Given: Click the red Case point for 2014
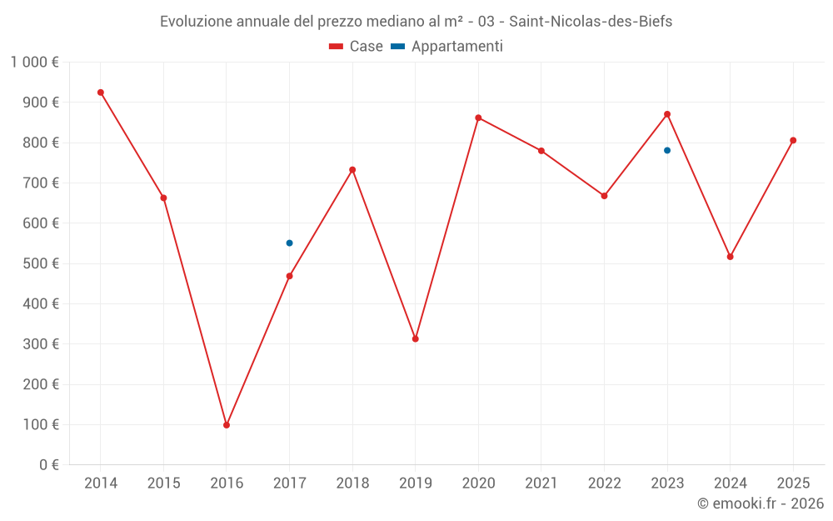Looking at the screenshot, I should coord(101,93).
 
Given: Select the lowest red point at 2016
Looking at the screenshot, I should coord(227,425).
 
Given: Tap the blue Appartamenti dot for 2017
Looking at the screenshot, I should coord(289,243).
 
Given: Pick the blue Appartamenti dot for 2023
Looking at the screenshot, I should coord(667,151).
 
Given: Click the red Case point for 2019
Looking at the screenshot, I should coord(416,338).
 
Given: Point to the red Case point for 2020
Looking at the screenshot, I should coord(478,118).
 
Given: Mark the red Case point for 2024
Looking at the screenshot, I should coord(730,257).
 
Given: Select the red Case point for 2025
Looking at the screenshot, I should coord(793,140).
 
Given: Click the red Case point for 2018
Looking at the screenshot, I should coord(352,170).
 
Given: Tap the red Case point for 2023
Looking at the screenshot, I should coord(667,114).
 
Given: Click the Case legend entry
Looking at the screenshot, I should coord(357,47).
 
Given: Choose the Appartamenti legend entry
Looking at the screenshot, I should coord(447,47).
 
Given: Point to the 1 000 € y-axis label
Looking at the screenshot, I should coord(35,63).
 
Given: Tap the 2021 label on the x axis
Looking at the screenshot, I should coord(541,483).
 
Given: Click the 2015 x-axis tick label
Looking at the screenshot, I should coord(163,483).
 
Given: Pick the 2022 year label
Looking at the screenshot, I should coord(604,483).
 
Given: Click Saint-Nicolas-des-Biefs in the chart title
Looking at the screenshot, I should coord(590,22).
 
